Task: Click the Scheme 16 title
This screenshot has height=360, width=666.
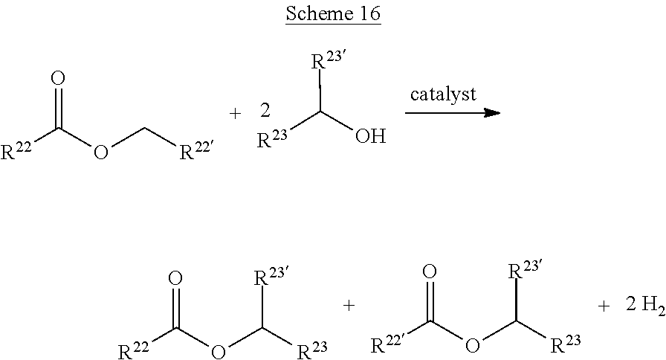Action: pyautogui.click(x=332, y=16)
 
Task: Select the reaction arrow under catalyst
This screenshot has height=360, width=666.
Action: pyautogui.click(x=451, y=113)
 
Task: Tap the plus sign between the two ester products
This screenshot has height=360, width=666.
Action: pyautogui.click(x=348, y=305)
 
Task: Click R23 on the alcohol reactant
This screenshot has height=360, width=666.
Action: pyautogui.click(x=271, y=139)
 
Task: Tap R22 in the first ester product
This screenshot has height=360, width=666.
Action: pyautogui.click(x=135, y=348)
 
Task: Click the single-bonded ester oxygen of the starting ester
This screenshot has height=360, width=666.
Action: pyautogui.click(x=103, y=154)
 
